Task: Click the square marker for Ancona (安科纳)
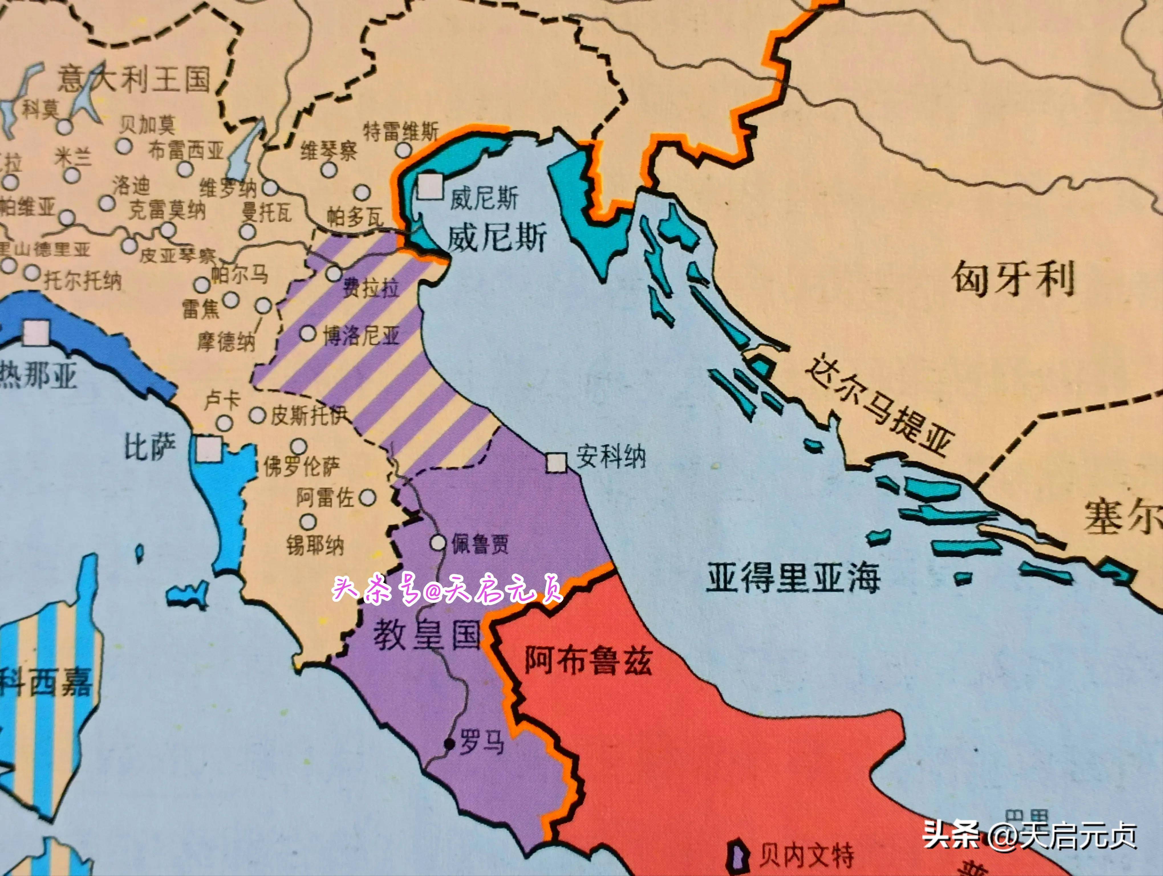[x=556, y=462]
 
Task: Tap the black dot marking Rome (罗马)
[x=448, y=743]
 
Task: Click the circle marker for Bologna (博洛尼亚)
[x=308, y=333]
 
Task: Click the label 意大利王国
[x=134, y=80]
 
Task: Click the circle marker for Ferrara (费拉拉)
[x=334, y=273]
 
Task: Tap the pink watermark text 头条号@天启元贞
[x=447, y=590]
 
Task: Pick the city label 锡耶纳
[x=314, y=545]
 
